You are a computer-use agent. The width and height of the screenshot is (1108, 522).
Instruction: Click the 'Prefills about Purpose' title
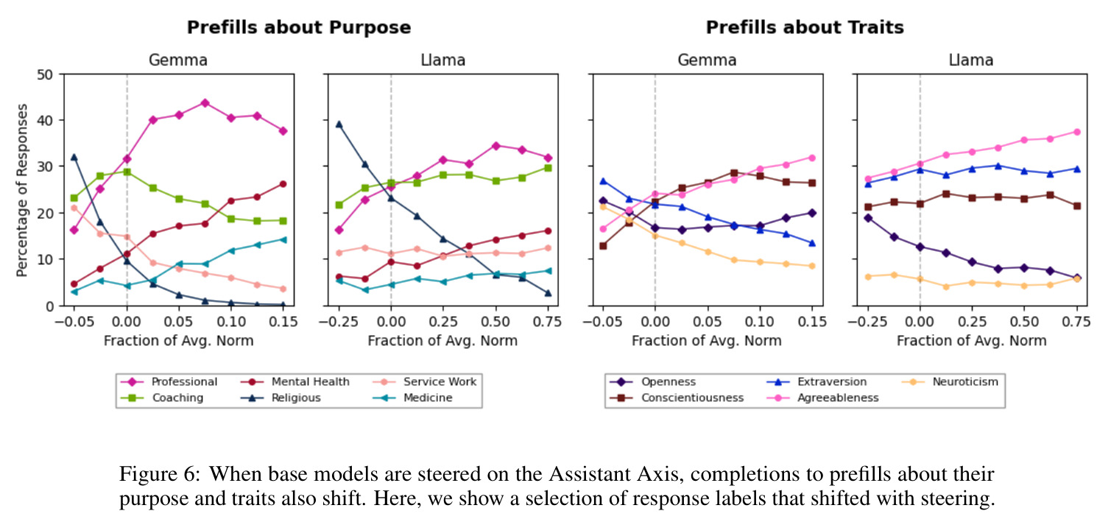(299, 27)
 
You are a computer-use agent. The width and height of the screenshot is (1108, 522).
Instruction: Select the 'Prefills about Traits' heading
(805, 27)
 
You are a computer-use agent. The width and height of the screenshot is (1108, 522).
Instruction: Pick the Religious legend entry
(281, 398)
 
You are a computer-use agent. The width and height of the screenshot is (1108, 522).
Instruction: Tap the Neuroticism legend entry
(950, 382)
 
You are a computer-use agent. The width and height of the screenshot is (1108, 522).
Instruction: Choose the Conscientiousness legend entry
(677, 398)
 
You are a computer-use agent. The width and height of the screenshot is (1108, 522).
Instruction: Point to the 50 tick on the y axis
(45, 74)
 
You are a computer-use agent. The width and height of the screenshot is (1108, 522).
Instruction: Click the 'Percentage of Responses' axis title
(22, 191)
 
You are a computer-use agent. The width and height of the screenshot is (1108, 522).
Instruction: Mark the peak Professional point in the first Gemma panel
(205, 103)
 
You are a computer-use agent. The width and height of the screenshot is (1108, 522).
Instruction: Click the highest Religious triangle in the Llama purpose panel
(339, 124)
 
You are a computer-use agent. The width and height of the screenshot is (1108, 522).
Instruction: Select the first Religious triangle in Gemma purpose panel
(74, 157)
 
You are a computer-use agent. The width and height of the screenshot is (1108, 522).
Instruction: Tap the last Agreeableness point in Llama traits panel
(1077, 132)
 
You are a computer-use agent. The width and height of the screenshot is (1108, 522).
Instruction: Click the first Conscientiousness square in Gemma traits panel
(603, 246)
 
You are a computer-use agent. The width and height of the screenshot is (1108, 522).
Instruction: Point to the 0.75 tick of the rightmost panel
(1076, 322)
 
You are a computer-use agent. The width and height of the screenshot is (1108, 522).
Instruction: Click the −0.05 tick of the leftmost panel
(74, 322)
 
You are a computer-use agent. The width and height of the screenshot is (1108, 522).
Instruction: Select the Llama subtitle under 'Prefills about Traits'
(970, 60)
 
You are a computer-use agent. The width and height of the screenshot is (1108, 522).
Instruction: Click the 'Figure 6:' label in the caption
(160, 474)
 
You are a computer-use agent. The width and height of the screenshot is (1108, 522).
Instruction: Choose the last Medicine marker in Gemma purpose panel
(283, 240)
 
